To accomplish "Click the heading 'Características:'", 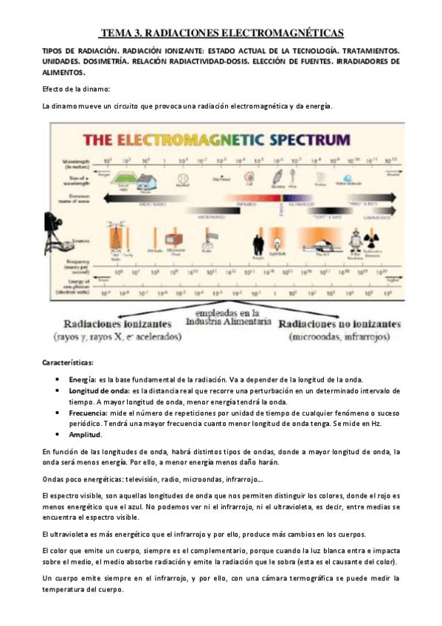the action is coord(67,363).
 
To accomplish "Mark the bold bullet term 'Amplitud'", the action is coord(84,436).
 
